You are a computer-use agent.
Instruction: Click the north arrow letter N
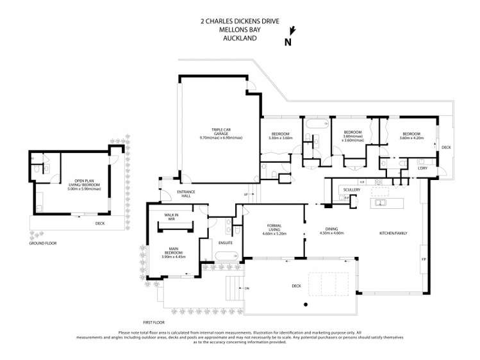tap(288, 43)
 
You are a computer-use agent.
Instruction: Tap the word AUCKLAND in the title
tap(240, 38)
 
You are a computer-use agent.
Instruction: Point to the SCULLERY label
tap(352, 190)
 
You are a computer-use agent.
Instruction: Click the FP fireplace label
tap(423, 259)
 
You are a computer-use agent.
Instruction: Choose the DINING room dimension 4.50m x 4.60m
tap(331, 233)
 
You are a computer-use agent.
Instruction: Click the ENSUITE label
tap(225, 243)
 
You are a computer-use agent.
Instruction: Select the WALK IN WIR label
tap(170, 217)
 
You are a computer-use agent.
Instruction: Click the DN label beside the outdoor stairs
tap(247, 288)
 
